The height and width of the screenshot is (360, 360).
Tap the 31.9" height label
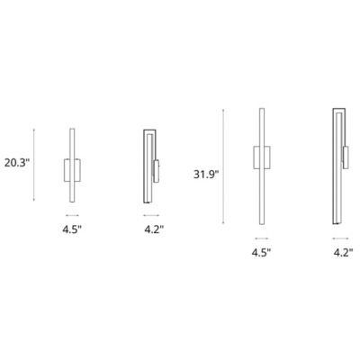(206, 172)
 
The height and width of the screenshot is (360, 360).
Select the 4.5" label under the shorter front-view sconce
(72, 231)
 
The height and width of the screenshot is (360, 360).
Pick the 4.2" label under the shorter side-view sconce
(152, 231)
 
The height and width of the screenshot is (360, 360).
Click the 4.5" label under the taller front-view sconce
(262, 254)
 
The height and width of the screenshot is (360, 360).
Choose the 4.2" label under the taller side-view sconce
(340, 254)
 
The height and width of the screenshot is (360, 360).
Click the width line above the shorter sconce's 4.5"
(72, 215)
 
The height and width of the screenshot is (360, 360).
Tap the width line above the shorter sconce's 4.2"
(152, 215)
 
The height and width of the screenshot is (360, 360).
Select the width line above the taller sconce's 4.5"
(262, 238)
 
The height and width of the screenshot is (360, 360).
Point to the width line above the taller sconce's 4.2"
(340, 238)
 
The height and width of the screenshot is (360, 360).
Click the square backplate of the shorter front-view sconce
(72, 169)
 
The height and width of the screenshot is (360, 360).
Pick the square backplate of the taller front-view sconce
(262, 157)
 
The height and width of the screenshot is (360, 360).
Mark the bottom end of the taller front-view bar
(262, 225)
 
